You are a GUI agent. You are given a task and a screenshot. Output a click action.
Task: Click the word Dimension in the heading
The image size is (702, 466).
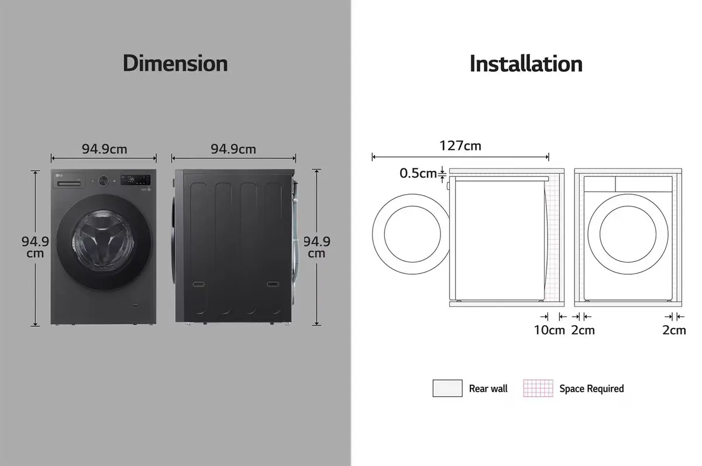coord(175,63)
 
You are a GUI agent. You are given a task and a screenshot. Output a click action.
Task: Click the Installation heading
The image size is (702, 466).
coord(526,63)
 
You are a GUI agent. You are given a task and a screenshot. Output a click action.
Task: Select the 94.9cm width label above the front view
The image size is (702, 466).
coord(104,149)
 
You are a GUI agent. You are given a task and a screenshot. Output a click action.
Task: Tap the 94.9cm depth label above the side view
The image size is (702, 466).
coord(233,149)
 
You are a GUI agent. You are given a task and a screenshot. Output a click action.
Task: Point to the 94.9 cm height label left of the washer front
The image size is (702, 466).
coord(35,247)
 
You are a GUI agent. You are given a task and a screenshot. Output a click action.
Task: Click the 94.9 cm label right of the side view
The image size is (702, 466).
coord(316,247)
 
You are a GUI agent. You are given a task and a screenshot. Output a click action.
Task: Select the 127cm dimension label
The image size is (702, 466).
coord(460,146)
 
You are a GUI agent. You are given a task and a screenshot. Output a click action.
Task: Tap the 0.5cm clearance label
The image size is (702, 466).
coord(418,173)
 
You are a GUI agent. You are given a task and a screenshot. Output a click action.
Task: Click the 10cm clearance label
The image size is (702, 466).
coord(549,330)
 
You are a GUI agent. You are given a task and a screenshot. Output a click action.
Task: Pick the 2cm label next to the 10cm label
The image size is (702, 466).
coord(583,330)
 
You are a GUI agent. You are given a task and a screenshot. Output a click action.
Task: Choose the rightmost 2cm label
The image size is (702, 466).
coord(674,330)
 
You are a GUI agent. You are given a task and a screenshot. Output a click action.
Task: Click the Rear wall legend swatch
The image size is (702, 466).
coord(448,388)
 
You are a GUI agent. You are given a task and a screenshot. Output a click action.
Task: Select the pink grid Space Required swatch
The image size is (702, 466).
coord(538,388)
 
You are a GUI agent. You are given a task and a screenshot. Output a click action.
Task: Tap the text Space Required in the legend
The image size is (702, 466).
coord(591,388)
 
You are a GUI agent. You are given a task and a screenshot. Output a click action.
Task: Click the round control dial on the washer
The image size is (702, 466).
coord(103,181)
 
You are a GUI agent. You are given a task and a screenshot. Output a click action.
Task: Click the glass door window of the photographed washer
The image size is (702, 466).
coord(104,241)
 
